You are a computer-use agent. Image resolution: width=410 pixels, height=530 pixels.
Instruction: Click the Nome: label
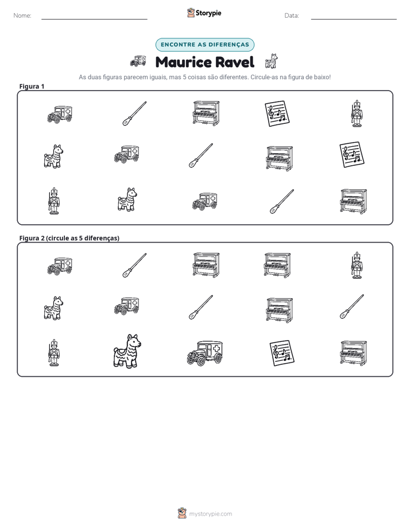pyautogui.click(x=22, y=15)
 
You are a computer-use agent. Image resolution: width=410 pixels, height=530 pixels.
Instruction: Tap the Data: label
pyautogui.click(x=292, y=15)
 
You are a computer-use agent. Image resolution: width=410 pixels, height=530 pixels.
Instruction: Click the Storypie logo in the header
pyautogui.click(x=204, y=13)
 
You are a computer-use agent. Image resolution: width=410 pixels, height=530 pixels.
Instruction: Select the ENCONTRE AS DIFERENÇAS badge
pyautogui.click(x=204, y=45)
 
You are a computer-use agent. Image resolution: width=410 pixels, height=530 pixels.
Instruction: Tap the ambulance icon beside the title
pyautogui.click(x=138, y=61)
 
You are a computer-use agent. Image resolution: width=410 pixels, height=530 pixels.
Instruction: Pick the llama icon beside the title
pyautogui.click(x=271, y=61)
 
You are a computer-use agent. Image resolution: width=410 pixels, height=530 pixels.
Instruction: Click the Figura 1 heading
pyautogui.click(x=32, y=86)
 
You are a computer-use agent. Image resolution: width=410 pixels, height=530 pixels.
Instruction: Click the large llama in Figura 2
pyautogui.click(x=127, y=351)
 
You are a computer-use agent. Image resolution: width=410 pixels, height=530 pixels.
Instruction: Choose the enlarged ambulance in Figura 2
pyautogui.click(x=205, y=353)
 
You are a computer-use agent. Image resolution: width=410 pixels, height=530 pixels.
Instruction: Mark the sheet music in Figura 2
pyautogui.click(x=282, y=353)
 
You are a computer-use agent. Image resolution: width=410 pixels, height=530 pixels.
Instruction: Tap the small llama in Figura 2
pyautogui.click(x=53, y=308)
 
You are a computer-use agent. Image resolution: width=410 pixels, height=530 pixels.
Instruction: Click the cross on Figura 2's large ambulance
pyautogui.click(x=216, y=349)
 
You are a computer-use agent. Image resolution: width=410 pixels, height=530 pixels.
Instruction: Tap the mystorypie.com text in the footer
pyautogui.click(x=210, y=514)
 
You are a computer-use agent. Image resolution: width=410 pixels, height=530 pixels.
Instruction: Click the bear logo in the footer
pyautogui.click(x=182, y=513)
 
